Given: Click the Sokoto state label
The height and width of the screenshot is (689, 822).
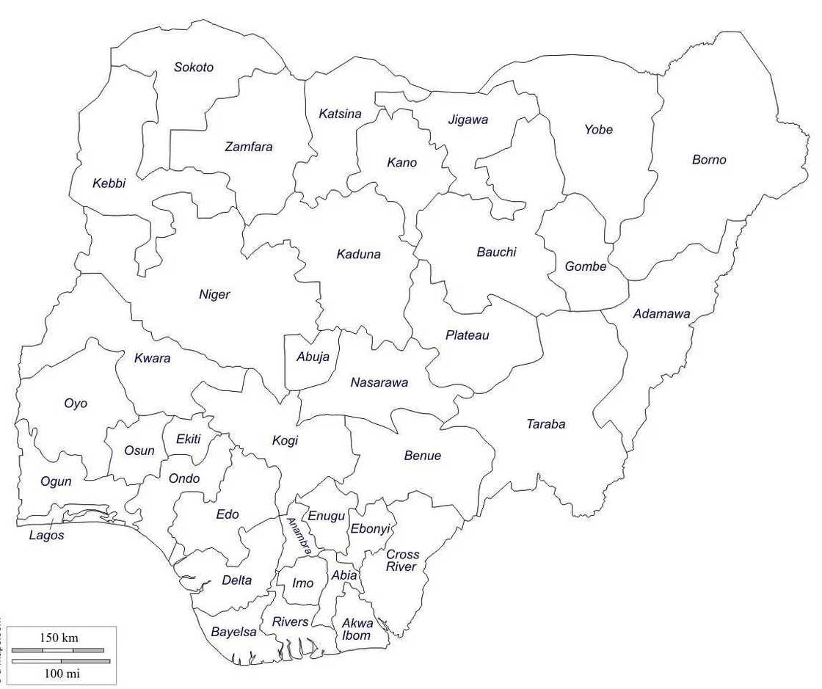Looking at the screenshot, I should pyautogui.click(x=194, y=68).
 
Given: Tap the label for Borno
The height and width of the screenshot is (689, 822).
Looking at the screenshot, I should pyautogui.click(x=709, y=160).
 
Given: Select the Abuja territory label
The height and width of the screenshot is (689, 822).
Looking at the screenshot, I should pyautogui.click(x=313, y=357).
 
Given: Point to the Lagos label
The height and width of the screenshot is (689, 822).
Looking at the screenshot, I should pyautogui.click(x=46, y=535).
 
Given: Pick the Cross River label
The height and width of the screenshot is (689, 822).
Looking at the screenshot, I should pyautogui.click(x=402, y=561).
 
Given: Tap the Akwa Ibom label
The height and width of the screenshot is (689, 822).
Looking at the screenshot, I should pyautogui.click(x=357, y=630).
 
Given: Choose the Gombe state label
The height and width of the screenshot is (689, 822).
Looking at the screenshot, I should pyautogui.click(x=586, y=266).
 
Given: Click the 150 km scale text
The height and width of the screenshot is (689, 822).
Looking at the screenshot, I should pyautogui.click(x=59, y=637).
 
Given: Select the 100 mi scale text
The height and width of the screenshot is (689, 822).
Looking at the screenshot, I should pyautogui.click(x=59, y=673).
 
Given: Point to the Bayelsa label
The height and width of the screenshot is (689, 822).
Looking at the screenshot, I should pyautogui.click(x=233, y=632).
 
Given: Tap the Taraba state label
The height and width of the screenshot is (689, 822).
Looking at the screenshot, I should pyautogui.click(x=546, y=424).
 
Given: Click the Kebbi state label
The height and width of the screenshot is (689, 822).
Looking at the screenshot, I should pyautogui.click(x=109, y=183).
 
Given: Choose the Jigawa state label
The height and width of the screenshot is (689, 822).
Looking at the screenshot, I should pyautogui.click(x=468, y=120).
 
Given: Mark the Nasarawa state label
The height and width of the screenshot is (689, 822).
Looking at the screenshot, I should pyautogui.click(x=379, y=382).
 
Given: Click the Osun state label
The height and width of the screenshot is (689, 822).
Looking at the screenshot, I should pyautogui.click(x=139, y=451).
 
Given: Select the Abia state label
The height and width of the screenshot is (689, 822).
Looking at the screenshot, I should pyautogui.click(x=343, y=575).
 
